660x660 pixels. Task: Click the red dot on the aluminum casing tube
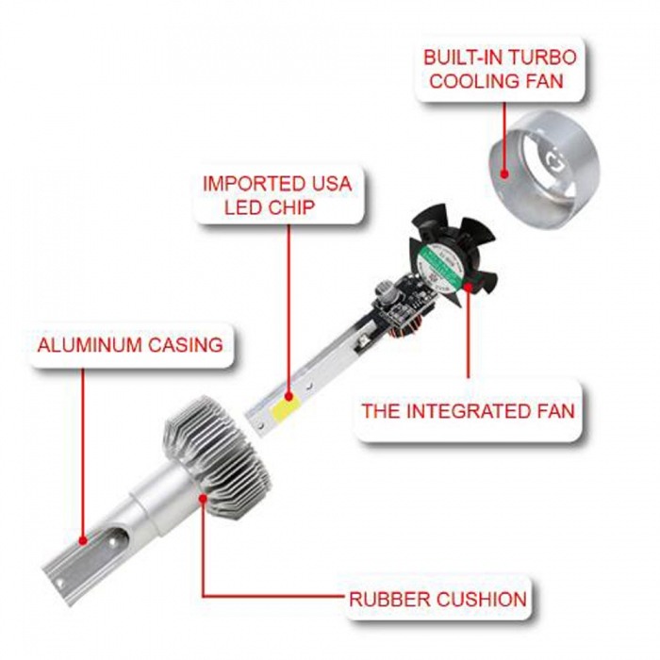84,542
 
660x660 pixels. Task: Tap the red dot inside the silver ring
506,173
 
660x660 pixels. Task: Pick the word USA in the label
329,182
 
